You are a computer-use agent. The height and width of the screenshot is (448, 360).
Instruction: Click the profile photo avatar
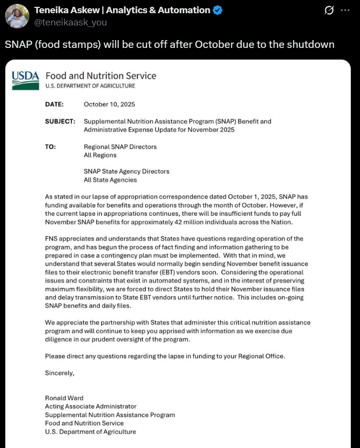[x=17, y=16]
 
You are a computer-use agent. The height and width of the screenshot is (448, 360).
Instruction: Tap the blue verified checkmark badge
[x=218, y=10]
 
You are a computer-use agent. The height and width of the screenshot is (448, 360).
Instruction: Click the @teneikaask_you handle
[x=70, y=22]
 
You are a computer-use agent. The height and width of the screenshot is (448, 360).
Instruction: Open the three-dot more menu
[x=345, y=10]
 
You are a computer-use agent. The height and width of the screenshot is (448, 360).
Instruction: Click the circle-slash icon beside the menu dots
[x=330, y=10]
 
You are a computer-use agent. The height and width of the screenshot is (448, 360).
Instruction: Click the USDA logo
[x=25, y=80]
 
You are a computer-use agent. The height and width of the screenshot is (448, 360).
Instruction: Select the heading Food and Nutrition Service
[x=101, y=76]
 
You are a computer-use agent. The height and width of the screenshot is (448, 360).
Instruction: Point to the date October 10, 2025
[x=110, y=104]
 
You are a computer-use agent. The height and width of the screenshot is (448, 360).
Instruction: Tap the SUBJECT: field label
[x=60, y=121]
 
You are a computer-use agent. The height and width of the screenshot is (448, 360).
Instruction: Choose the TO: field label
[x=50, y=147]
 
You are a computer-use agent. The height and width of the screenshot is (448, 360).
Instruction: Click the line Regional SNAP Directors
[x=120, y=147]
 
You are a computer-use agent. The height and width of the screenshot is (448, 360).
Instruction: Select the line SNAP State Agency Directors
[x=127, y=172]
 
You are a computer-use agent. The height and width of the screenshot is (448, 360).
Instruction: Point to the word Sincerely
[x=60, y=373]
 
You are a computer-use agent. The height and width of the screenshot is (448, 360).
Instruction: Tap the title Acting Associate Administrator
[x=90, y=406]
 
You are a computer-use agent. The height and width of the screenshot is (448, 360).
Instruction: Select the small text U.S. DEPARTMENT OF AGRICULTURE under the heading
[x=90, y=86]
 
